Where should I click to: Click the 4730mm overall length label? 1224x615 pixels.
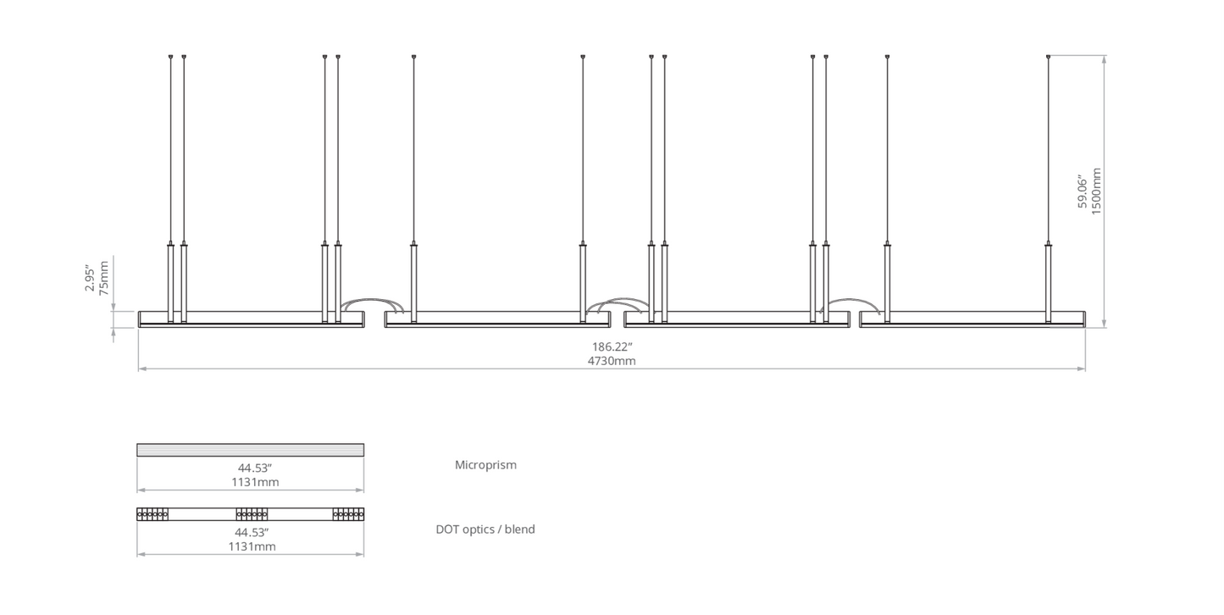click(612, 361)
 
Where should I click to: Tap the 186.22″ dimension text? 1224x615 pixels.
click(612, 346)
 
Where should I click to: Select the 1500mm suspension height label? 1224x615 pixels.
click(1096, 191)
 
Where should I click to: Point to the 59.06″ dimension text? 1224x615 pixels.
click(1083, 191)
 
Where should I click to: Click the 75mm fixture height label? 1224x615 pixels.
click(104, 278)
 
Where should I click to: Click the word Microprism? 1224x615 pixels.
click(485, 465)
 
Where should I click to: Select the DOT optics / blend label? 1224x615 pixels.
click(485, 529)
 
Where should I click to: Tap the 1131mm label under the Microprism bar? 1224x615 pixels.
click(255, 482)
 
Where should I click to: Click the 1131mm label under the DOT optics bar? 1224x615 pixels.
click(252, 546)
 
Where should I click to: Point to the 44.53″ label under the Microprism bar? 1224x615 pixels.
click(255, 468)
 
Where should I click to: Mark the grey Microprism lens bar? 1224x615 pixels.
click(250, 450)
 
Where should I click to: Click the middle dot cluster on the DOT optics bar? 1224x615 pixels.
click(252, 514)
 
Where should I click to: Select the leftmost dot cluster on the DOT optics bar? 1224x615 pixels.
click(152, 514)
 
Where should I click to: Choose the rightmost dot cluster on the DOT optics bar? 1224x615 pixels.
click(349, 514)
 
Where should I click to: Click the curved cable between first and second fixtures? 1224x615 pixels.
click(372, 300)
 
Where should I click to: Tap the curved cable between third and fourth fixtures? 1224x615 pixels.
click(850, 300)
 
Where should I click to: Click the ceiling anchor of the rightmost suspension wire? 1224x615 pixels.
click(1048, 56)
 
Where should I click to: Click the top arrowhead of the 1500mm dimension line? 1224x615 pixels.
click(1105, 59)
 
